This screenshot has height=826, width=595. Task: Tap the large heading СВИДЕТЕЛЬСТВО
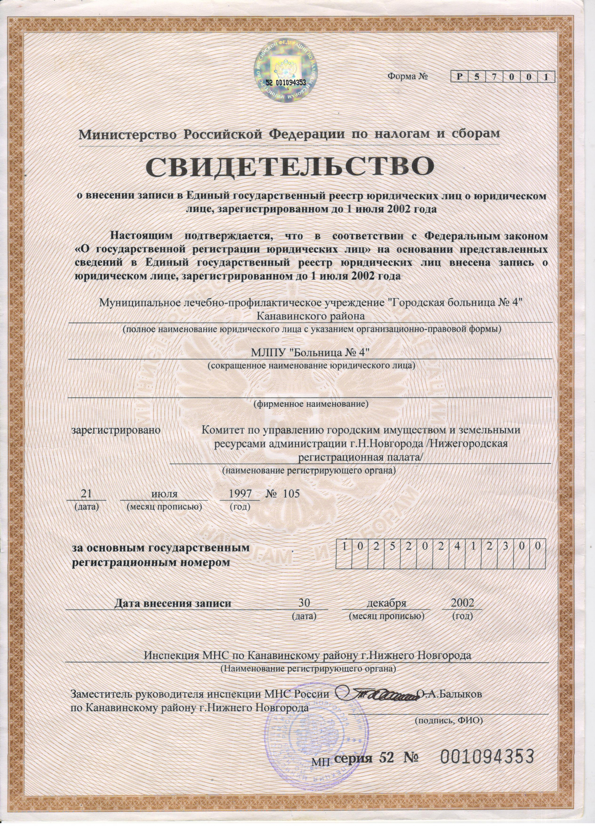(x=290, y=167)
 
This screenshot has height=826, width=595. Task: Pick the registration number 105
(x=289, y=494)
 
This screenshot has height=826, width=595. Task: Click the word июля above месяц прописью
(x=164, y=494)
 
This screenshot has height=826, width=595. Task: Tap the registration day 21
(x=86, y=494)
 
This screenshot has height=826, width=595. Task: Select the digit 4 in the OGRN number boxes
(x=457, y=546)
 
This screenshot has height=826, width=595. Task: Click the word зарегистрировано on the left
(x=116, y=430)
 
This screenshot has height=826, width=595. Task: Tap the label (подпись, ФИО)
(x=448, y=721)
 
